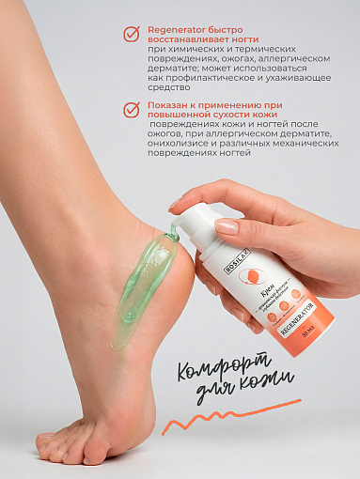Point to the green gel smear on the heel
pos(142,282)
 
